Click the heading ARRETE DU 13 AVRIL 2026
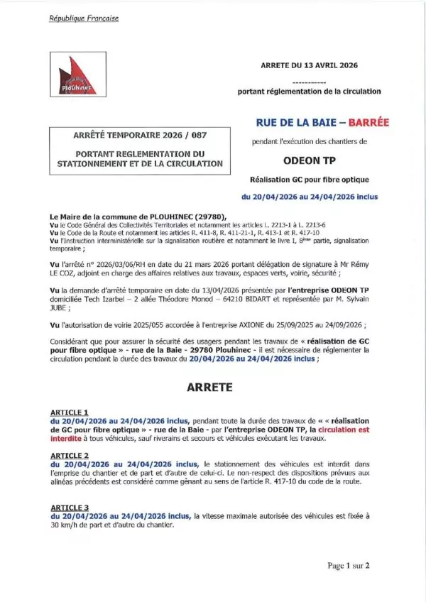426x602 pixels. click(x=309, y=65)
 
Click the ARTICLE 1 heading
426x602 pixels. click(x=69, y=412)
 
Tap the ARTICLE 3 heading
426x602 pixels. click(x=69, y=508)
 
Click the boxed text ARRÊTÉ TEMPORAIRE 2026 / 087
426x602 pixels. click(x=140, y=135)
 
